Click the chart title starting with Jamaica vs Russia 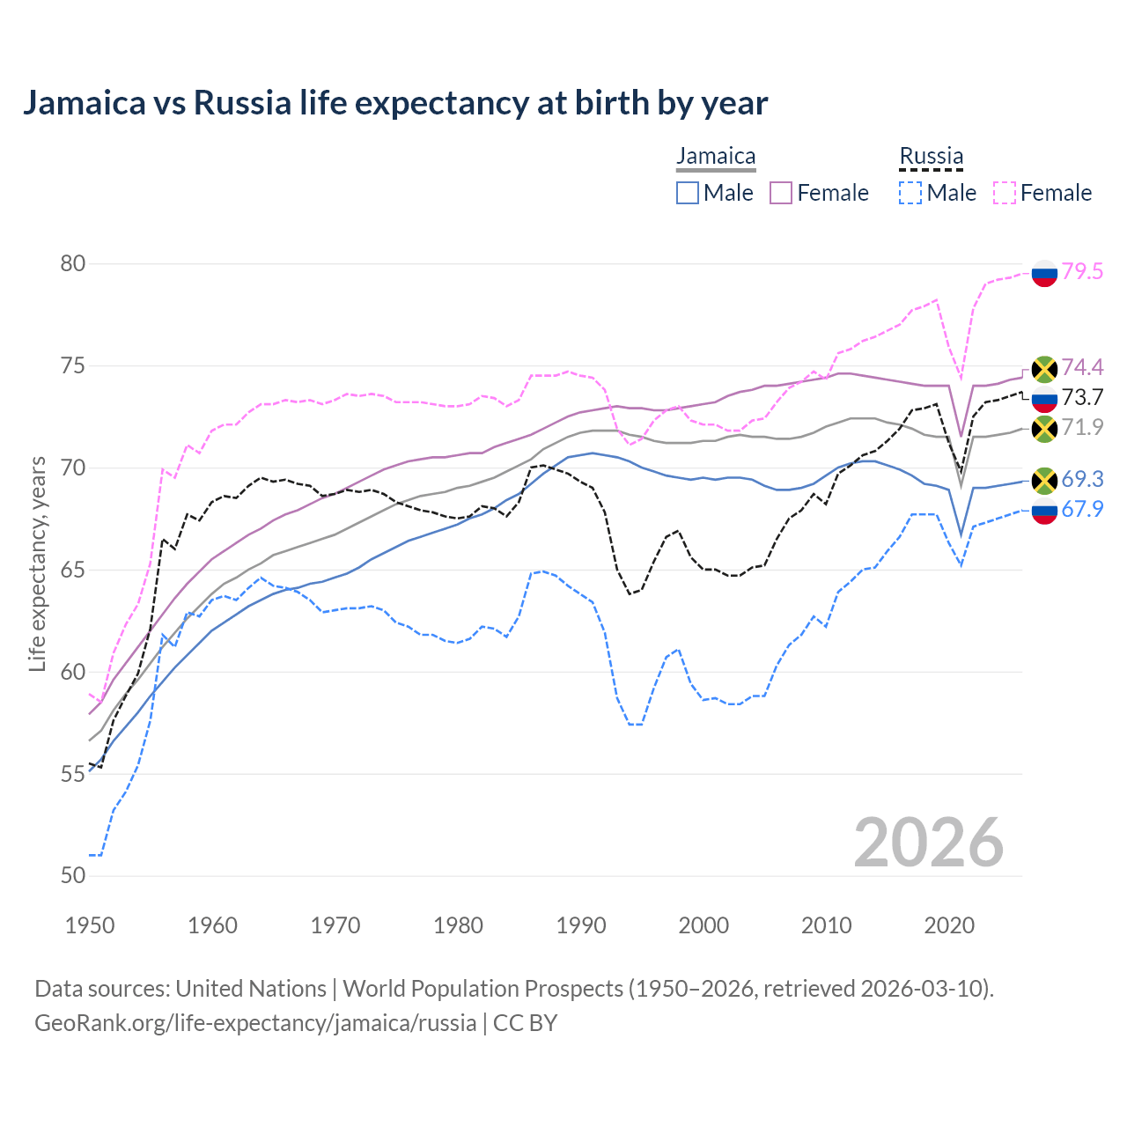[x=395, y=103]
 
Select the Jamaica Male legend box [x=688, y=193]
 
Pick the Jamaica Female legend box [x=781, y=193]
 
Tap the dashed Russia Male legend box [x=910, y=193]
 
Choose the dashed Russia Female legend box [x=1005, y=193]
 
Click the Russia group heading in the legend [x=931, y=157]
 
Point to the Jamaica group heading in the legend [x=716, y=157]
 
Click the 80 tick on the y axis [x=73, y=264]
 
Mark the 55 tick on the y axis [x=73, y=774]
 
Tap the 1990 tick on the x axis [x=581, y=925]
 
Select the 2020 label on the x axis [x=949, y=925]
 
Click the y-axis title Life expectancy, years [x=37, y=563]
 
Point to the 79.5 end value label [x=1082, y=271]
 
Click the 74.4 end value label [x=1082, y=367]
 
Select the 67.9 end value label [x=1082, y=509]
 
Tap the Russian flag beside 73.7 [x=1044, y=398]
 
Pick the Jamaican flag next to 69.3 [x=1044, y=480]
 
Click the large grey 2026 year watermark [x=929, y=843]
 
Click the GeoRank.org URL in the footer [x=255, y=1023]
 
